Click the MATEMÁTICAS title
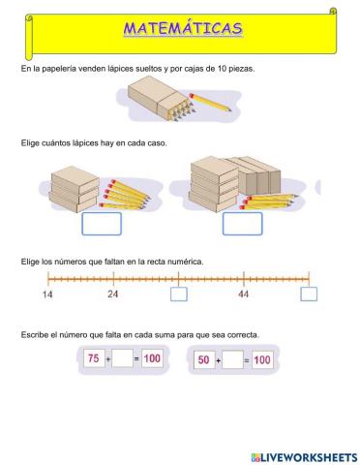[183, 29]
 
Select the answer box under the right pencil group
[242, 224]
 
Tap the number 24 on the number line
[112, 293]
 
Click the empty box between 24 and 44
[178, 294]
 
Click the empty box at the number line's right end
[309, 294]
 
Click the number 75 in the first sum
[94, 359]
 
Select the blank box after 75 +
[122, 359]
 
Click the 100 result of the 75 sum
[151, 359]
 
